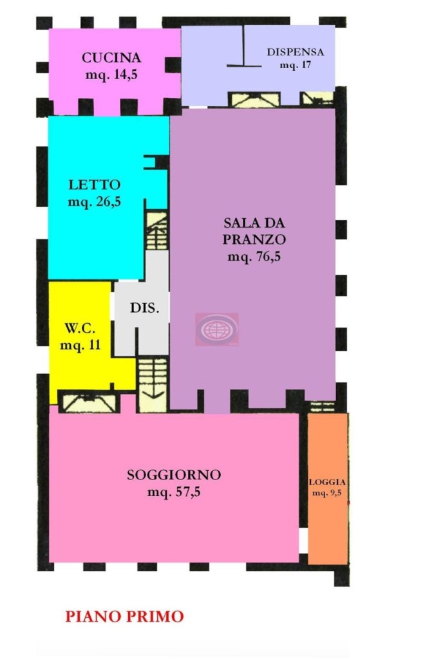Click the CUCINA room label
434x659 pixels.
click(x=111, y=58)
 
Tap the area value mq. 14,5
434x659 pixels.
click(x=111, y=74)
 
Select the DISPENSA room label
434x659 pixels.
click(x=296, y=53)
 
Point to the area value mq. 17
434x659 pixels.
click(x=296, y=65)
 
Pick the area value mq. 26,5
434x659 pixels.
click(x=94, y=202)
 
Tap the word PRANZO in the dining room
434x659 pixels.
click(x=254, y=239)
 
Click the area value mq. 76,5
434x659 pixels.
click(x=254, y=256)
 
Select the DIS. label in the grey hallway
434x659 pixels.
click(x=144, y=308)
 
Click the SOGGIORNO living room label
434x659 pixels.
click(x=174, y=476)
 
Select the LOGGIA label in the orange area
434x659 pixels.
click(x=328, y=483)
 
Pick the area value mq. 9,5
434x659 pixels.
click(x=328, y=494)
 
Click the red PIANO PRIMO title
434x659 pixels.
click(x=124, y=617)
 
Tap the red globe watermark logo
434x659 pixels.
click(x=216, y=329)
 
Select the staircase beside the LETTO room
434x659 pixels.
click(x=156, y=232)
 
